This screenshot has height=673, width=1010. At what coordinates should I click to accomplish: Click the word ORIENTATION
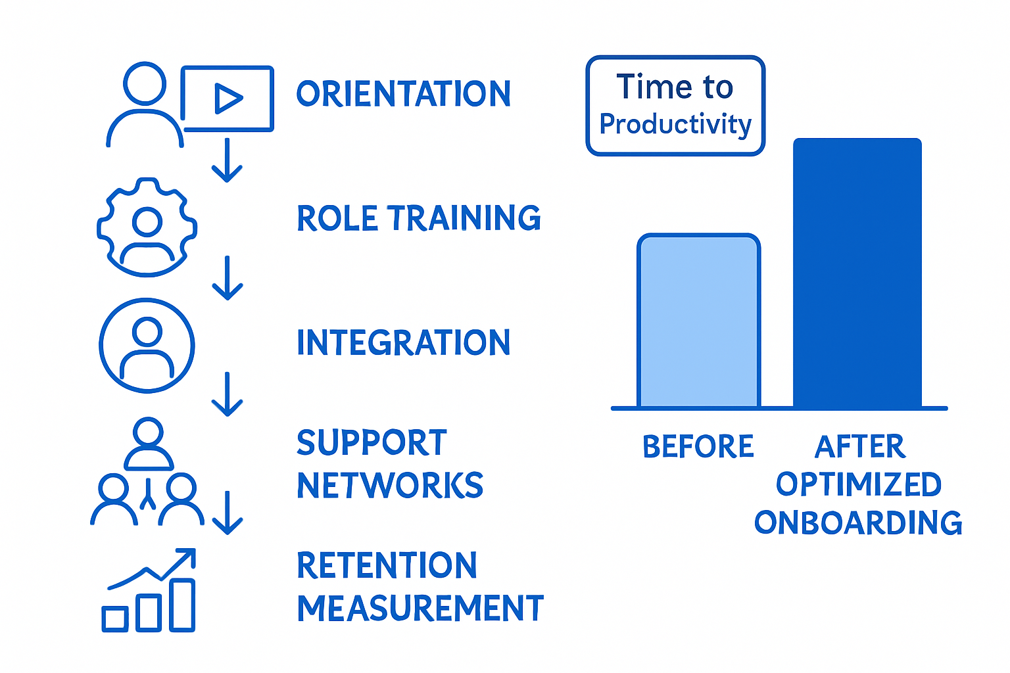403,94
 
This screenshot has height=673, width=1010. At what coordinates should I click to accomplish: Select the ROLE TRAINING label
418,218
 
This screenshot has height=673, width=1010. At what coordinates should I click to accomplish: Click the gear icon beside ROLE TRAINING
147,227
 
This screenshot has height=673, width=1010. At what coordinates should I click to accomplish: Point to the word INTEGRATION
403,343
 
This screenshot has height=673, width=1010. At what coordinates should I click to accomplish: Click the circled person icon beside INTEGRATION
147,346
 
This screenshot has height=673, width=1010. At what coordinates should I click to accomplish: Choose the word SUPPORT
372,443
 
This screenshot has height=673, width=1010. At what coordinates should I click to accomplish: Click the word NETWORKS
390,486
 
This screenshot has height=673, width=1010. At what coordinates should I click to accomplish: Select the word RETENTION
387,566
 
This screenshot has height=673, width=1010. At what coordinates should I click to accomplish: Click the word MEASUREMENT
420,609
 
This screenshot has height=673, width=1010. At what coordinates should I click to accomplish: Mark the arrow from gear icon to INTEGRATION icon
228,278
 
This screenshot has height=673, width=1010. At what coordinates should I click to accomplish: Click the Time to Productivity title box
675,106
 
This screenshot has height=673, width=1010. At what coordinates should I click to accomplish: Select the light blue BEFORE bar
698,322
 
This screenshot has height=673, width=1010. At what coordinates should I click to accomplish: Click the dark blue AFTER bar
857,273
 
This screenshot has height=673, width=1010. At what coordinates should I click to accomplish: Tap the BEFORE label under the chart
698,447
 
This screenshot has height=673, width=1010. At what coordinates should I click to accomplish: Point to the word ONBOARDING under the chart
858,523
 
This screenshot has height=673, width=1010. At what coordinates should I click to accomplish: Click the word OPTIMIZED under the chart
858,485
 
